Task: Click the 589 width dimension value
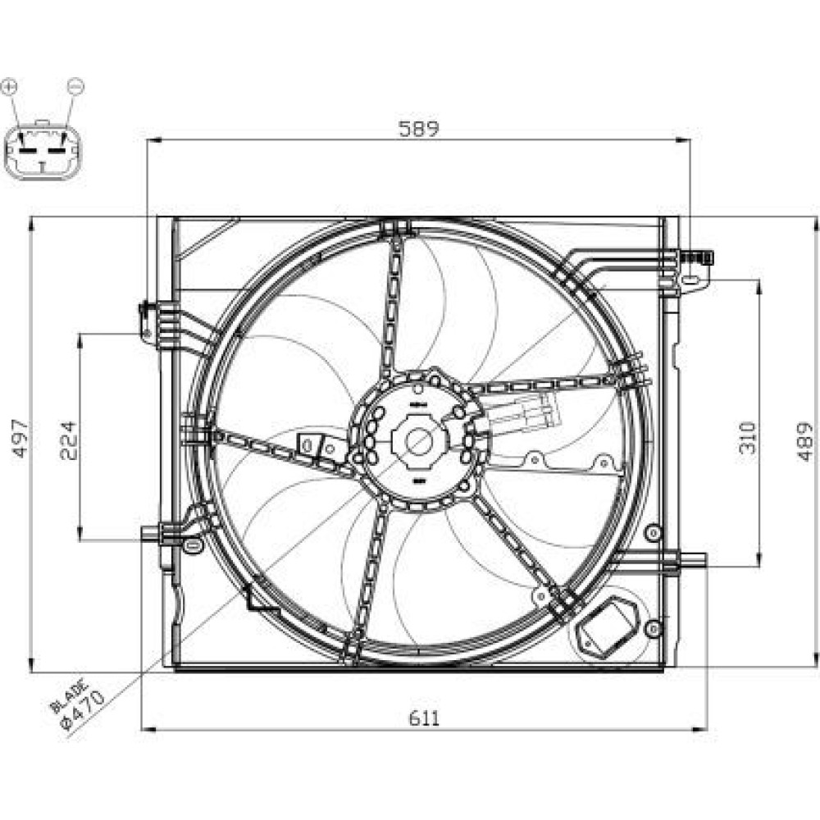tap(418, 129)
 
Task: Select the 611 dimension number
tap(424, 718)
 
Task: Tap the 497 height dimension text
tap(21, 438)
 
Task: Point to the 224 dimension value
tap(69, 440)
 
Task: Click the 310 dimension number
tap(747, 437)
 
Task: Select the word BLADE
tap(69, 695)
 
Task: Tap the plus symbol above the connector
tap(9, 87)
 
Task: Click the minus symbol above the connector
tap(75, 86)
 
